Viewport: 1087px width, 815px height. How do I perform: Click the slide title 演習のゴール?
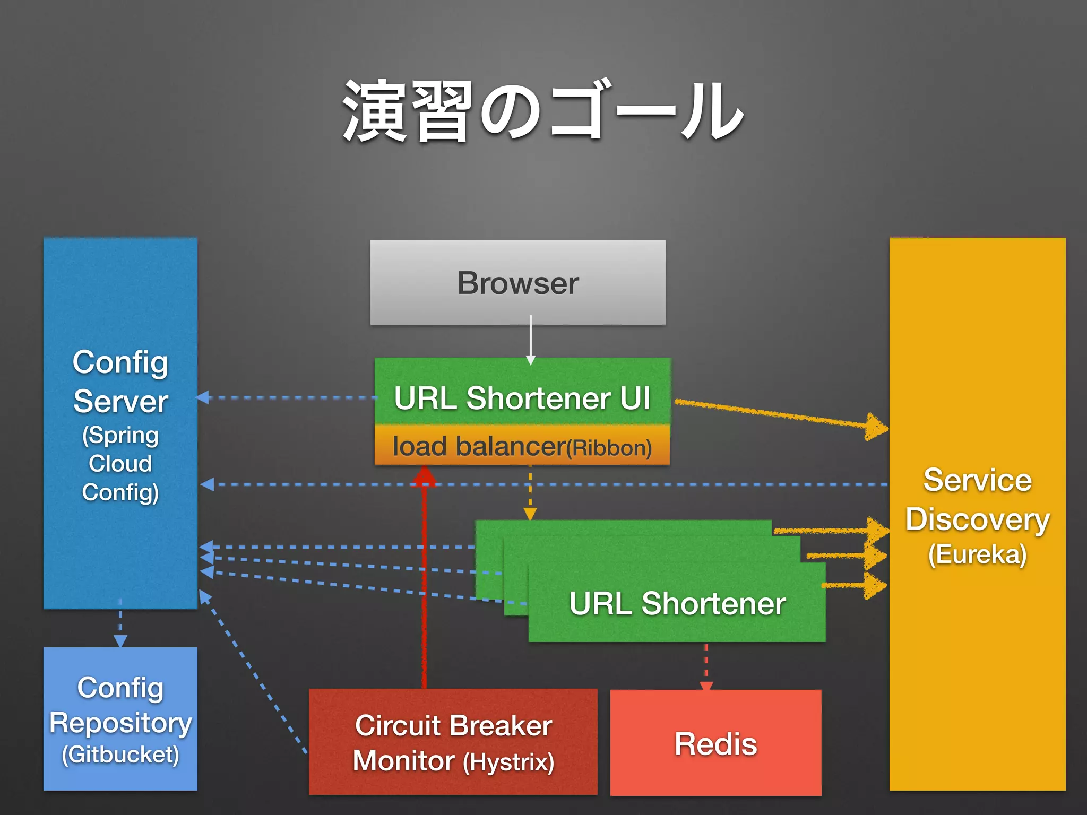[542, 111]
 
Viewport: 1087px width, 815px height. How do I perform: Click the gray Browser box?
[517, 282]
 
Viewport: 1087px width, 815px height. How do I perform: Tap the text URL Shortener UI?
[522, 398]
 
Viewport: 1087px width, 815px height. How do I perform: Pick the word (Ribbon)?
[609, 448]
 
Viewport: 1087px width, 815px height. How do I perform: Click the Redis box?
[715, 743]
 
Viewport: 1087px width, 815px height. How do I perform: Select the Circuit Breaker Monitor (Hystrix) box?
[453, 742]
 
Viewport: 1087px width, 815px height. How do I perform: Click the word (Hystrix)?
[508, 762]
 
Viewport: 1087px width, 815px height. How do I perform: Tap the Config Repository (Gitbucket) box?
[120, 719]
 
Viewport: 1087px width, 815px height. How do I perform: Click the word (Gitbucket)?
[120, 755]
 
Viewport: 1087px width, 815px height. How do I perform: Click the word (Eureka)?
[977, 554]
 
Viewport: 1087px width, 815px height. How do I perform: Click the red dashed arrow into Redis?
[706, 666]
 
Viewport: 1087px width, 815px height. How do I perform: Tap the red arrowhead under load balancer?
[425, 476]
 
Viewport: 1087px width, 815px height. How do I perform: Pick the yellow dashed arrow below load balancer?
[530, 493]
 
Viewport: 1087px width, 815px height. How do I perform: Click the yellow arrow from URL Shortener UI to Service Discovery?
[780, 414]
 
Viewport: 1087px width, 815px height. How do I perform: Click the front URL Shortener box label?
[677, 603]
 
